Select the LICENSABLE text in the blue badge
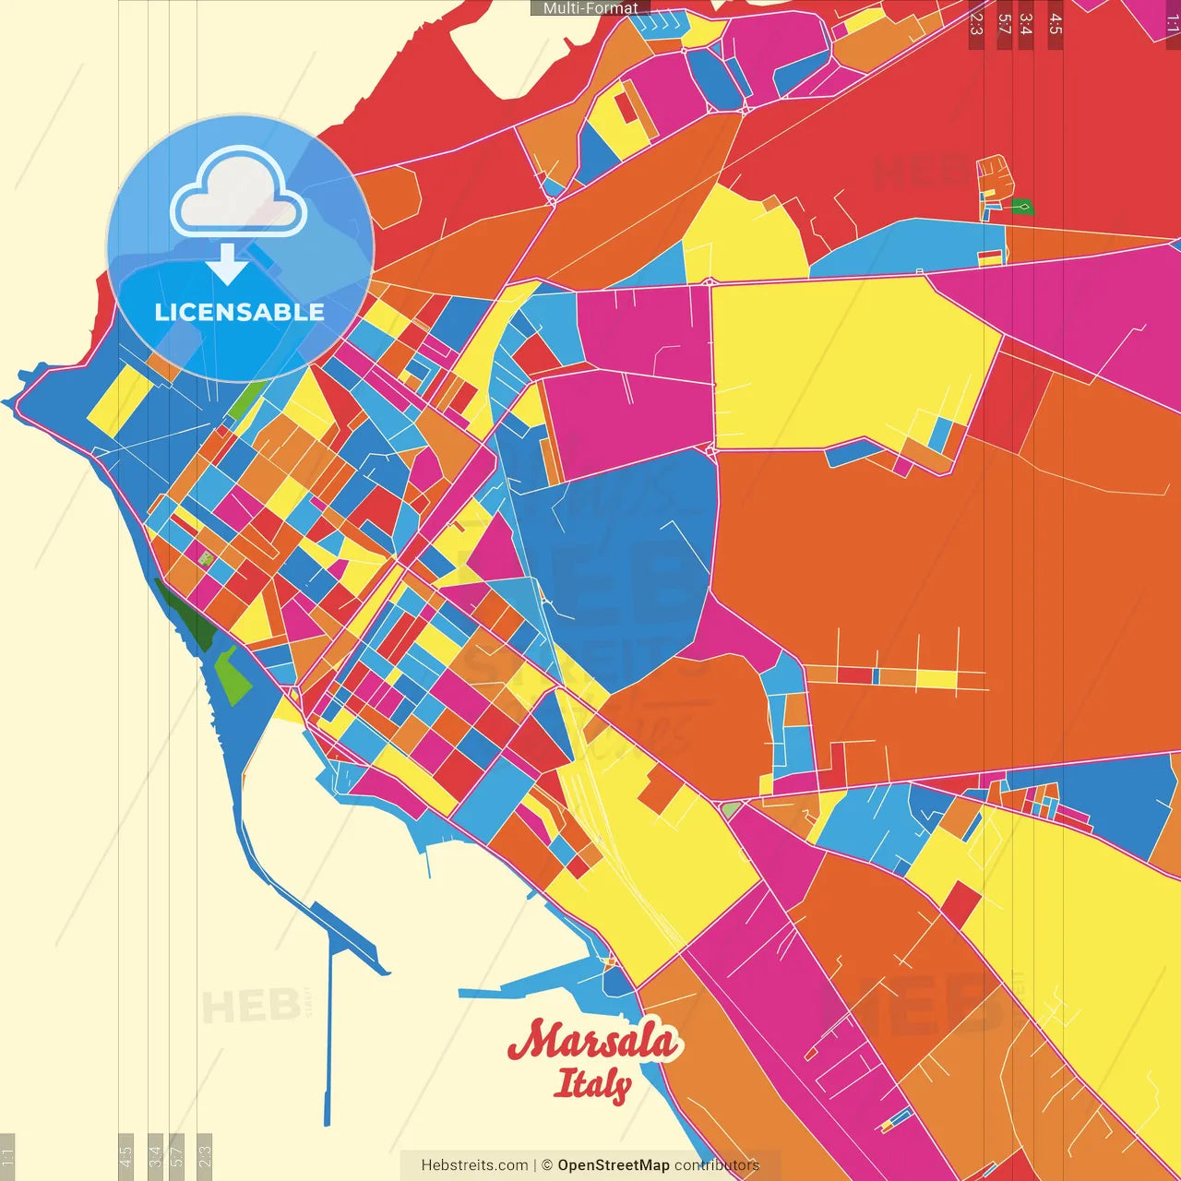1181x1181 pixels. pyautogui.click(x=239, y=312)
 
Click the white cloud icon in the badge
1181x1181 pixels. pyautogui.click(x=239, y=197)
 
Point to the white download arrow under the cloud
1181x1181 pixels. pyautogui.click(x=226, y=264)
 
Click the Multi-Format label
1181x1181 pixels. pyautogui.click(x=590, y=8)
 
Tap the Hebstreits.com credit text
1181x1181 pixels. pyautogui.click(x=474, y=1165)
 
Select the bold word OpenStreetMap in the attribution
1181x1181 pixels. pyautogui.click(x=614, y=1165)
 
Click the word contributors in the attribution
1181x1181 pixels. pyautogui.click(x=717, y=1165)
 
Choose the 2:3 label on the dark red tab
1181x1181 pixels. pyautogui.click(x=976, y=24)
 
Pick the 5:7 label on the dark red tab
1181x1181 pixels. pyautogui.click(x=1004, y=24)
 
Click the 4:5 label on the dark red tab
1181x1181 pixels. pyautogui.click(x=1056, y=24)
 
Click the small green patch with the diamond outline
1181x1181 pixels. pyautogui.click(x=1021, y=207)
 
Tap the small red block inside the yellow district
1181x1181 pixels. pyautogui.click(x=960, y=904)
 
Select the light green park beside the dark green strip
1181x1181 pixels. pyautogui.click(x=232, y=674)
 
